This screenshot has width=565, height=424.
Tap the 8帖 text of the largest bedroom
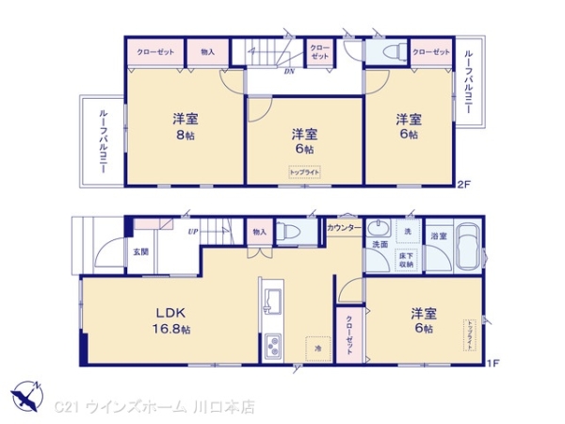coord(184,136)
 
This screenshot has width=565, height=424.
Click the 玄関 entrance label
coord(140,251)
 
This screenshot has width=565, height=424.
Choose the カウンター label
coord(344,229)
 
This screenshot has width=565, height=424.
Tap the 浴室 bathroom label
coord(438,235)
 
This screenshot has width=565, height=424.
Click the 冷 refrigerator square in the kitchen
coord(317,348)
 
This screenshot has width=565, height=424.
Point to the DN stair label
coord(290,69)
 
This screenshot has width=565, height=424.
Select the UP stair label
coord(192,231)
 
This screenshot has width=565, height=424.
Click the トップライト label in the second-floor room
coord(303,171)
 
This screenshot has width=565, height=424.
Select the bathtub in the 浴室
coord(467,251)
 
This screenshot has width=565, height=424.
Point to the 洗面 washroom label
coord(379,245)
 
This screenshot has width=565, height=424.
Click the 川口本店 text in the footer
coord(230,407)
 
